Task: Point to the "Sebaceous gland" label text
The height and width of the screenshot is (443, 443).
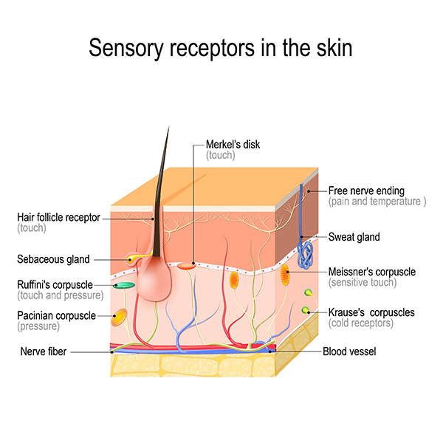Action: point(53,259)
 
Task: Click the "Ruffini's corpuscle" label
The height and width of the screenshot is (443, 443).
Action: point(55,284)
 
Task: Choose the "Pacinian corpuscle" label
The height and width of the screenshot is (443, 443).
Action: point(57,315)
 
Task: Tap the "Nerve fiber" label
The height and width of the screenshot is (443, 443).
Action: point(44,352)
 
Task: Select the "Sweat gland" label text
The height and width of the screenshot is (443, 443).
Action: point(354,237)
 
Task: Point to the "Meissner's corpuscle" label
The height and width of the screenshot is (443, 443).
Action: point(371,272)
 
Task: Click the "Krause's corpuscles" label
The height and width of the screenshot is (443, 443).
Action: point(371,312)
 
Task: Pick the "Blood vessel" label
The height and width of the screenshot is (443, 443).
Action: point(349,352)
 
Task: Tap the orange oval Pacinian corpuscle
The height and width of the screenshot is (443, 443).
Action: point(118,318)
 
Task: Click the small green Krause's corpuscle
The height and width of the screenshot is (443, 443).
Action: point(305,311)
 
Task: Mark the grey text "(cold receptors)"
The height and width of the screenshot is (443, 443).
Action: point(361,323)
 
